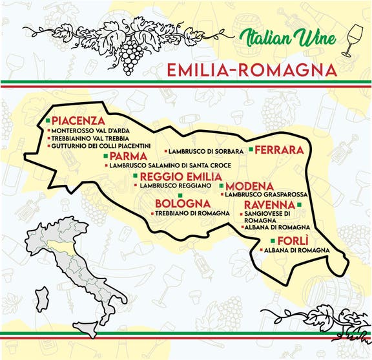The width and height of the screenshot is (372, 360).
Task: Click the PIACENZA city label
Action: (78, 121)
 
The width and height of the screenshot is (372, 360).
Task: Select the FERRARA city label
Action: (279, 149)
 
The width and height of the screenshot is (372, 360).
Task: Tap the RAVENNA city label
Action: (270, 205)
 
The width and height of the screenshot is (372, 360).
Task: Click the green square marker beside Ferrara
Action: (251, 149)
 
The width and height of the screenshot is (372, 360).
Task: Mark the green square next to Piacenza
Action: (48, 120)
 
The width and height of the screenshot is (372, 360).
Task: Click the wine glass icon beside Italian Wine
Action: (354, 39)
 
